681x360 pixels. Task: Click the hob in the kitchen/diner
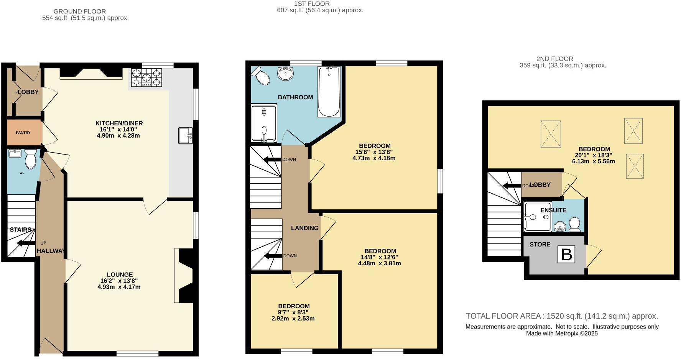click(146, 77)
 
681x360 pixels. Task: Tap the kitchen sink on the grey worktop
click(186, 136)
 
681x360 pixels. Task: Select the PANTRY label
click(23, 133)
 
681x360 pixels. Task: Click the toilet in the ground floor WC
click(30, 159)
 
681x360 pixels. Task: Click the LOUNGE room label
click(120, 275)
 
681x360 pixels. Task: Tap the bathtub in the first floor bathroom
click(329, 92)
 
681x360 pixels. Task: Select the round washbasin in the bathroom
click(285, 73)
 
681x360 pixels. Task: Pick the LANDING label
click(304, 228)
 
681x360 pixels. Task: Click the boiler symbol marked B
click(566, 255)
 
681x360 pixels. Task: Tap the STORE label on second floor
click(540, 245)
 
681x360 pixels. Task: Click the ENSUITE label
click(553, 210)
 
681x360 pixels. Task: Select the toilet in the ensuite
click(574, 224)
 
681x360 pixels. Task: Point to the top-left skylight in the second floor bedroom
click(551, 134)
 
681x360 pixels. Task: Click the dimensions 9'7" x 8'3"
click(293, 312)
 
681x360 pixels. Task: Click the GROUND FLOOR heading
click(80, 12)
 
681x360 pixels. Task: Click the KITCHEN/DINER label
click(119, 123)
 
